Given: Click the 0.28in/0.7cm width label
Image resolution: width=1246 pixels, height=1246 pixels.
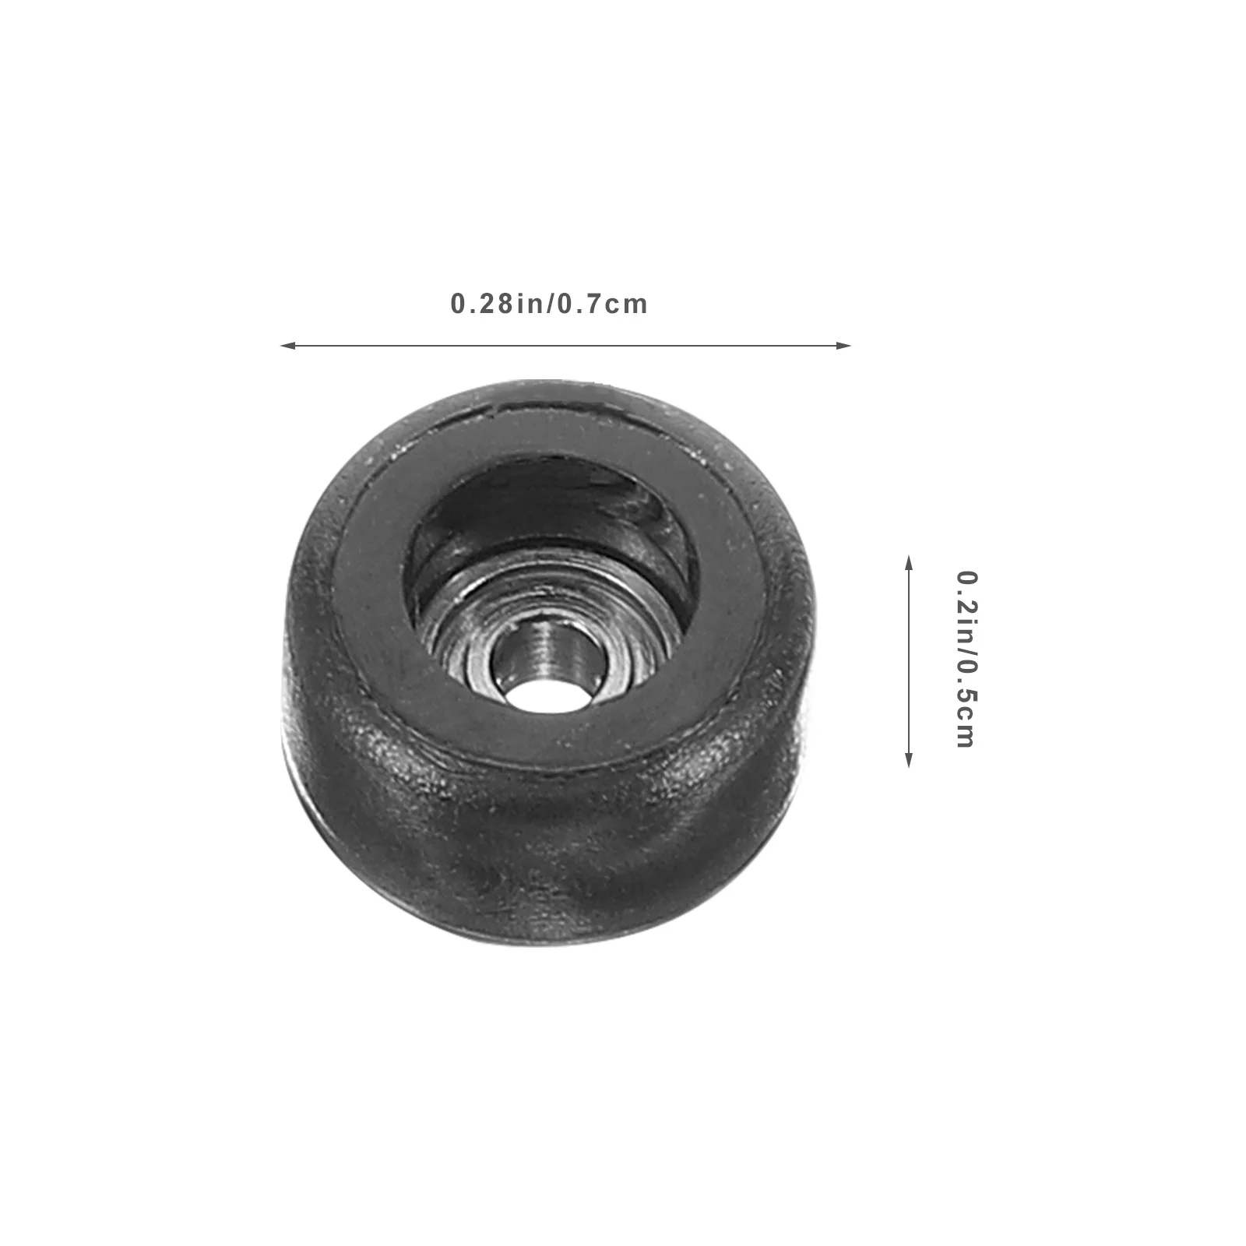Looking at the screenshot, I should (549, 303).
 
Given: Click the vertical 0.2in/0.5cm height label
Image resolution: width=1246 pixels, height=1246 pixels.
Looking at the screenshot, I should (966, 660).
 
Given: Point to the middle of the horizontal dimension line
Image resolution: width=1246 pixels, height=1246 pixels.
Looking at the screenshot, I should (565, 345).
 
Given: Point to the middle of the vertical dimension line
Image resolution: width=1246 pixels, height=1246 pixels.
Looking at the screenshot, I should (908, 661).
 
